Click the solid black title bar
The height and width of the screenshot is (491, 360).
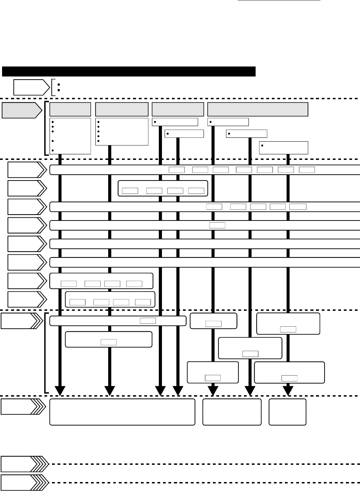(128, 71)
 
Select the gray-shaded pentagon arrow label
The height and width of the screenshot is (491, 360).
(21, 110)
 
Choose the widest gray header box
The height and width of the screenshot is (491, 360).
(258, 109)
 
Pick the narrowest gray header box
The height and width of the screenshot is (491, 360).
(70, 109)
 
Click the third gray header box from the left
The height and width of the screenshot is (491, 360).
(178, 109)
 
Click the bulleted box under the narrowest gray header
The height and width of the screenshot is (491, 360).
(70, 136)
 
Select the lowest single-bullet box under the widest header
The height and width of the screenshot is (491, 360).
(284, 147)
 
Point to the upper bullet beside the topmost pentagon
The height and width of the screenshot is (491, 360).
(59, 84)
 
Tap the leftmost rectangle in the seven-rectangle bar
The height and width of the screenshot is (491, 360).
(177, 170)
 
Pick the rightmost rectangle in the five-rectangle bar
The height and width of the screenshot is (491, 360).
(298, 207)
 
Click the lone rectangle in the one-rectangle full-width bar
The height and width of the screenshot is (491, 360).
(217, 225)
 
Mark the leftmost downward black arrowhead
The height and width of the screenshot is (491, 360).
(60, 391)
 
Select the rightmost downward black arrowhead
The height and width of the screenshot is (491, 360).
(288, 391)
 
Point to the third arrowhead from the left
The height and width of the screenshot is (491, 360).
(160, 391)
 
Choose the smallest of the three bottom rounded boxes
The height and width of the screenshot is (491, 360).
(288, 412)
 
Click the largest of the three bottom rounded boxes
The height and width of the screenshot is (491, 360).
(122, 412)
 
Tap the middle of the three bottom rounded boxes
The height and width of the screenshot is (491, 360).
(232, 412)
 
